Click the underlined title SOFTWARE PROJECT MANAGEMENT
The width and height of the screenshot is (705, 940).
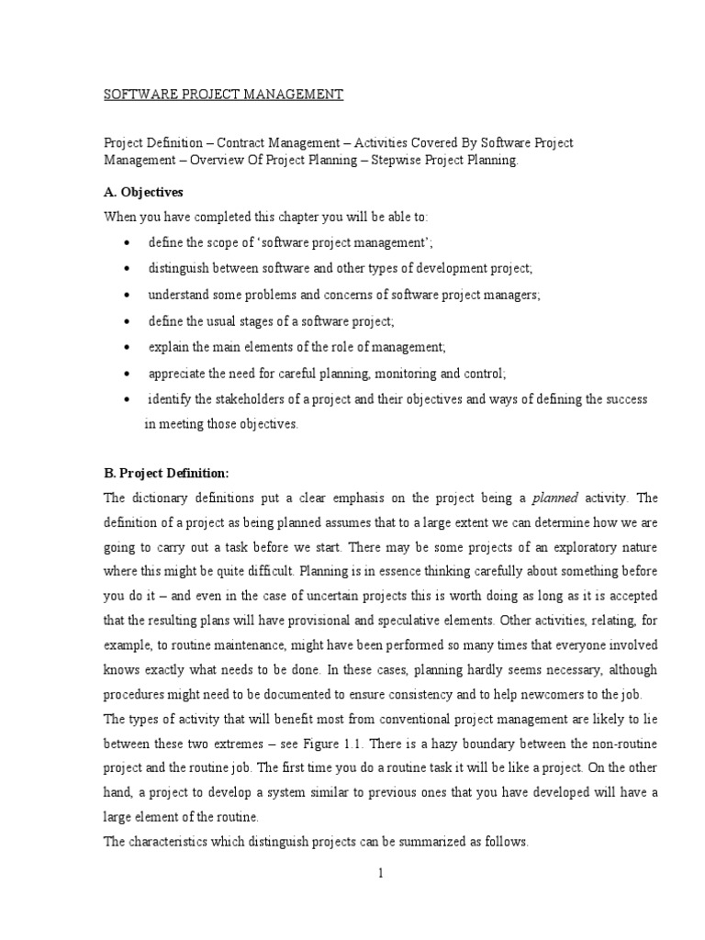coord(222,95)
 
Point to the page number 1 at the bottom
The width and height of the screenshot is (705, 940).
coord(379,873)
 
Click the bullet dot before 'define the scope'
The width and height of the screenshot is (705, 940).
coord(126,243)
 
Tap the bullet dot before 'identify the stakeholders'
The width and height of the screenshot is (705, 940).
coord(126,400)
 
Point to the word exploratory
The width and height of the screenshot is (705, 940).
coord(577,547)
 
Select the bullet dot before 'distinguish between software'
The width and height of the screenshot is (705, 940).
coord(126,269)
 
